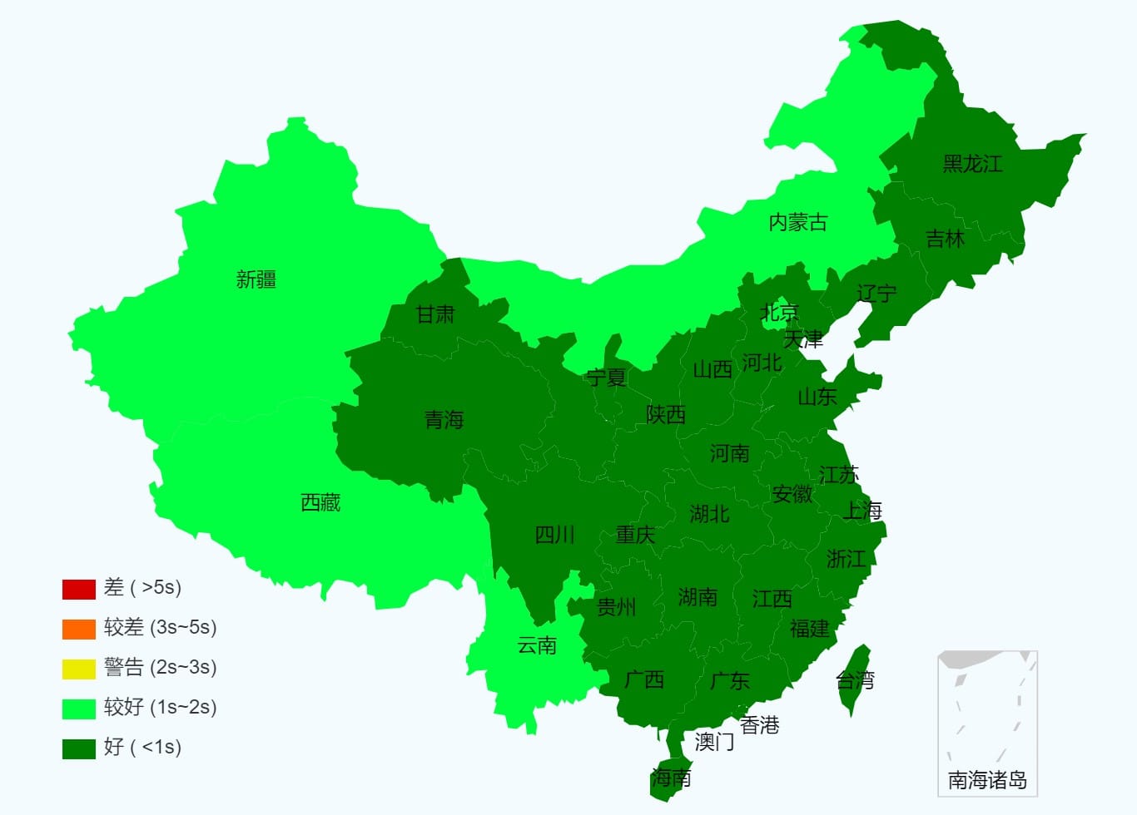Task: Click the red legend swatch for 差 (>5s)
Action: [x=78, y=589]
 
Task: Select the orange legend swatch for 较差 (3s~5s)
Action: [x=78, y=629]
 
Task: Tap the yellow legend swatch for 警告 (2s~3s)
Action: [x=78, y=669]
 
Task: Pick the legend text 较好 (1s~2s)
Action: [x=160, y=708]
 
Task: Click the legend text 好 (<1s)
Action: [x=142, y=748]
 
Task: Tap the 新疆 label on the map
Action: [x=256, y=279]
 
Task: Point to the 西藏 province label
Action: [x=320, y=502]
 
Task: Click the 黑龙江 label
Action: [x=972, y=164]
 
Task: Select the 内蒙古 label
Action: [x=797, y=222]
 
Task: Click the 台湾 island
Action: [x=855, y=678]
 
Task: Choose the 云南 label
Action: [x=537, y=645]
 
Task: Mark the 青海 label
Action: [x=444, y=420]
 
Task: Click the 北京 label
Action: [x=780, y=313]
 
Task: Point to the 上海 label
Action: [x=862, y=511]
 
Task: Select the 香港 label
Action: [x=759, y=725]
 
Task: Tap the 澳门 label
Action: [x=714, y=741]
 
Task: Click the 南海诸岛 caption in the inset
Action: [x=987, y=780]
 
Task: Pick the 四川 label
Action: [x=554, y=535]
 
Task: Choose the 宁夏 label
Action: [x=606, y=378]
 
